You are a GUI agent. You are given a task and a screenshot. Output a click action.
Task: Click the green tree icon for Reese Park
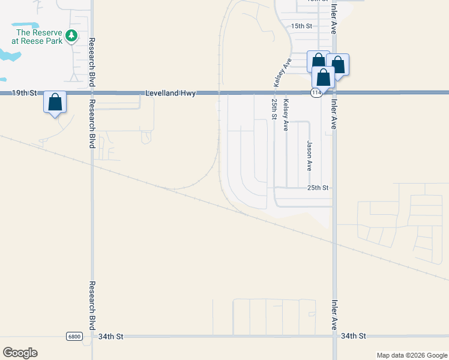tap(71, 36)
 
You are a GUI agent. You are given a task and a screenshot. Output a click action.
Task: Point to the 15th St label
tap(302, 26)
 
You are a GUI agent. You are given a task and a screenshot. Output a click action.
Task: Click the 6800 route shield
tap(74, 337)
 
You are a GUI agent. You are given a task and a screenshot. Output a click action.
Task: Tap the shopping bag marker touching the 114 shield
tap(323, 77)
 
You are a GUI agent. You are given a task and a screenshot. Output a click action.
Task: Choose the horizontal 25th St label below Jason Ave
tap(318, 188)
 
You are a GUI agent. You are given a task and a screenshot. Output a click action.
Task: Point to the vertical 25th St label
tap(273, 109)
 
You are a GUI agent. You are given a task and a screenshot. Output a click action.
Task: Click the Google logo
tap(20, 352)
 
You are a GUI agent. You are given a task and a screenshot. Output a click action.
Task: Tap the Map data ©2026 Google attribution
tap(411, 355)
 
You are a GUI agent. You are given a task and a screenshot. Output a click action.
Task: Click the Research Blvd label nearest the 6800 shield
tap(92, 305)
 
